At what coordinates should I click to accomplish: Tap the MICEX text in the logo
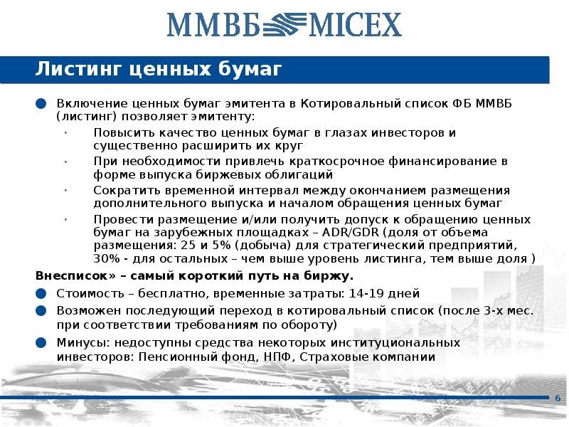click(353, 24)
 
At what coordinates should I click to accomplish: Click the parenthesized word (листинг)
click(87, 116)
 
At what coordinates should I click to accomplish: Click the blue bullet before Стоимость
click(41, 293)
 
